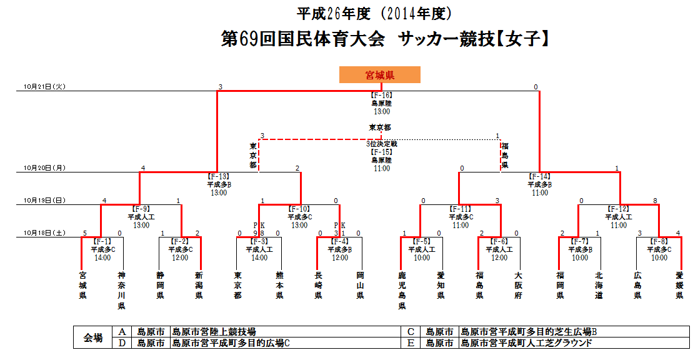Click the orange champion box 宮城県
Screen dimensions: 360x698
[379, 75]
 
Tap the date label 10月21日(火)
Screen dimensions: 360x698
[44, 86]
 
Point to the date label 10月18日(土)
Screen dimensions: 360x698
[44, 233]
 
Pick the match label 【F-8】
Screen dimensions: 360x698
[659, 241]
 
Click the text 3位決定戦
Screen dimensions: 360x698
[381, 144]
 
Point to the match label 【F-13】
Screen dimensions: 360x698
[219, 177]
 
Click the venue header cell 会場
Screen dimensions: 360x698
[93, 337]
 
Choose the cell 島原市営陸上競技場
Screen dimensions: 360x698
[214, 332]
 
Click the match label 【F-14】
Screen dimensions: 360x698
[540, 177]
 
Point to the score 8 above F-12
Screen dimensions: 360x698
[654, 201]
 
